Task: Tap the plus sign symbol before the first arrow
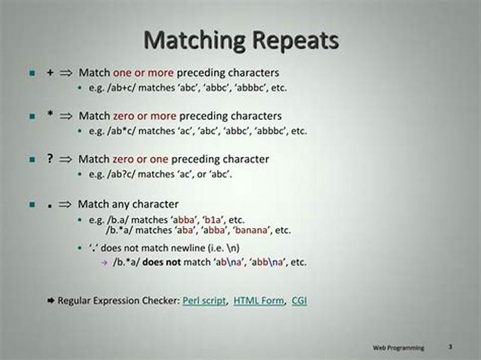point(50,72)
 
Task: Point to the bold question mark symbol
point(50,159)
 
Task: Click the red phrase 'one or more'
point(143,72)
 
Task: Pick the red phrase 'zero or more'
point(144,115)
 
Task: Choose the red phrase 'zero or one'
point(140,159)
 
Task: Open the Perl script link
point(204,301)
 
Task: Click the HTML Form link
point(259,301)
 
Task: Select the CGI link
point(299,301)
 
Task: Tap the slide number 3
point(450,347)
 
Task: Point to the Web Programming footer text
point(398,347)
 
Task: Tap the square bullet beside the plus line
point(32,73)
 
